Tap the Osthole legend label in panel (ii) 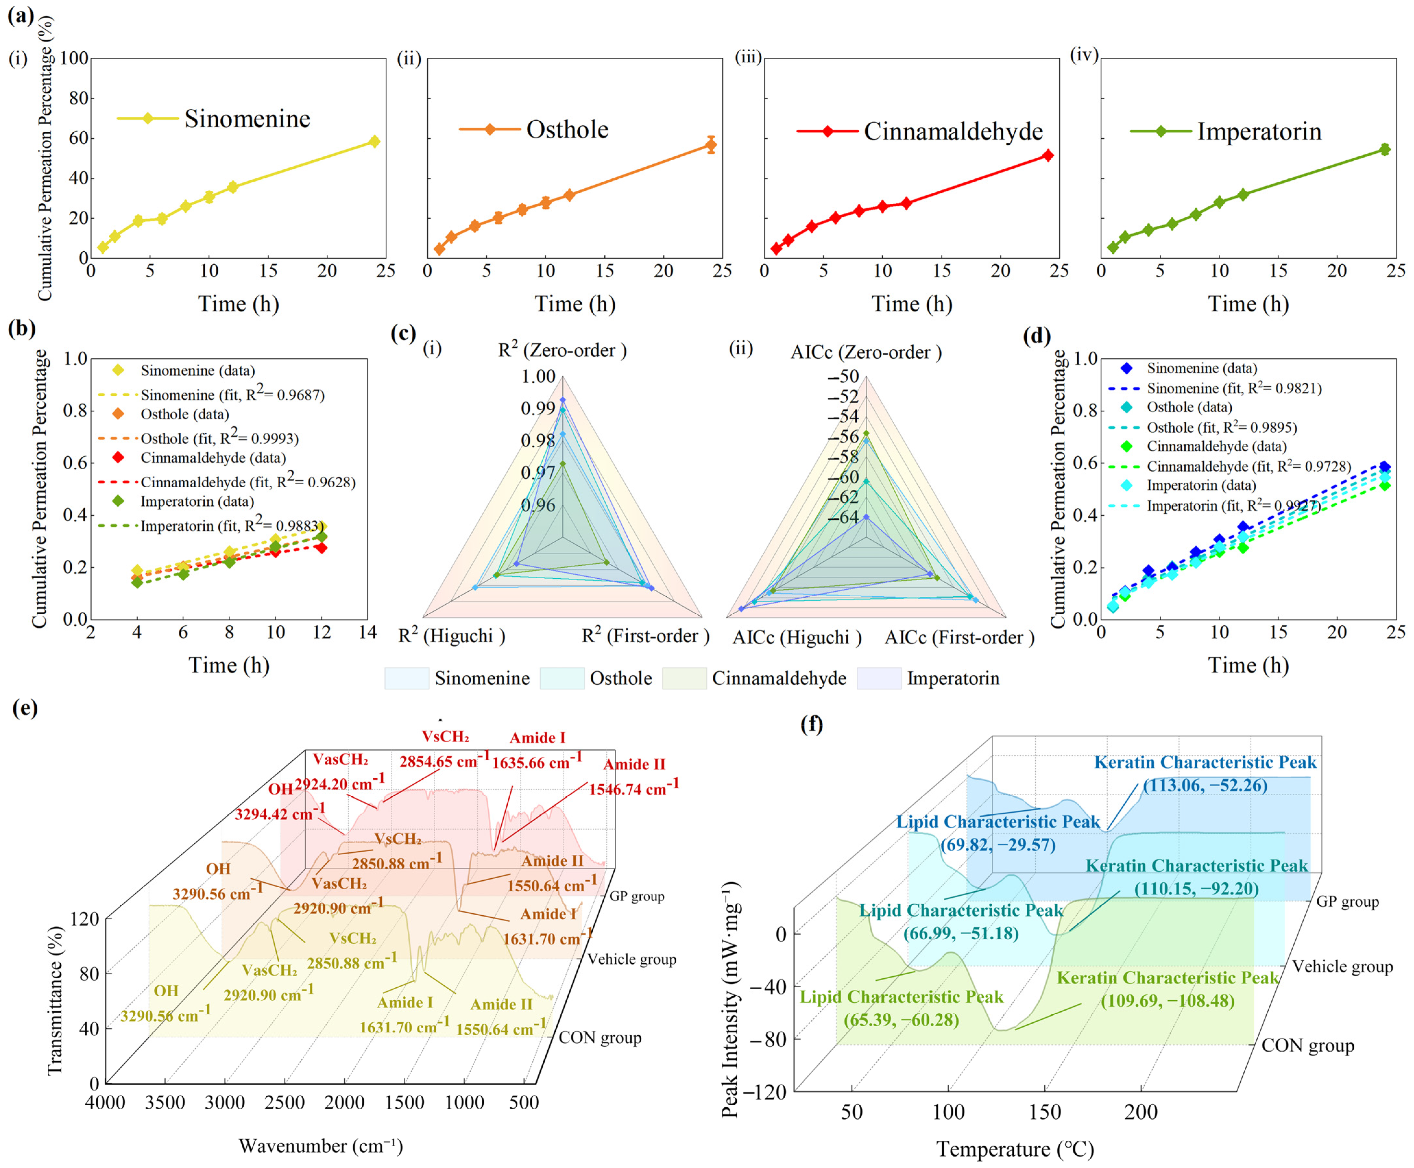[567, 129]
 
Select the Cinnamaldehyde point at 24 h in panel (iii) [1047, 155]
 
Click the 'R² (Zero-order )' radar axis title [562, 350]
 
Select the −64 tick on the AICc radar [843, 517]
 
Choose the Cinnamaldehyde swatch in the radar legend [684, 678]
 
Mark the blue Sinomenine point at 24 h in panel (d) [1384, 466]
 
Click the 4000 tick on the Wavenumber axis [106, 1102]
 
